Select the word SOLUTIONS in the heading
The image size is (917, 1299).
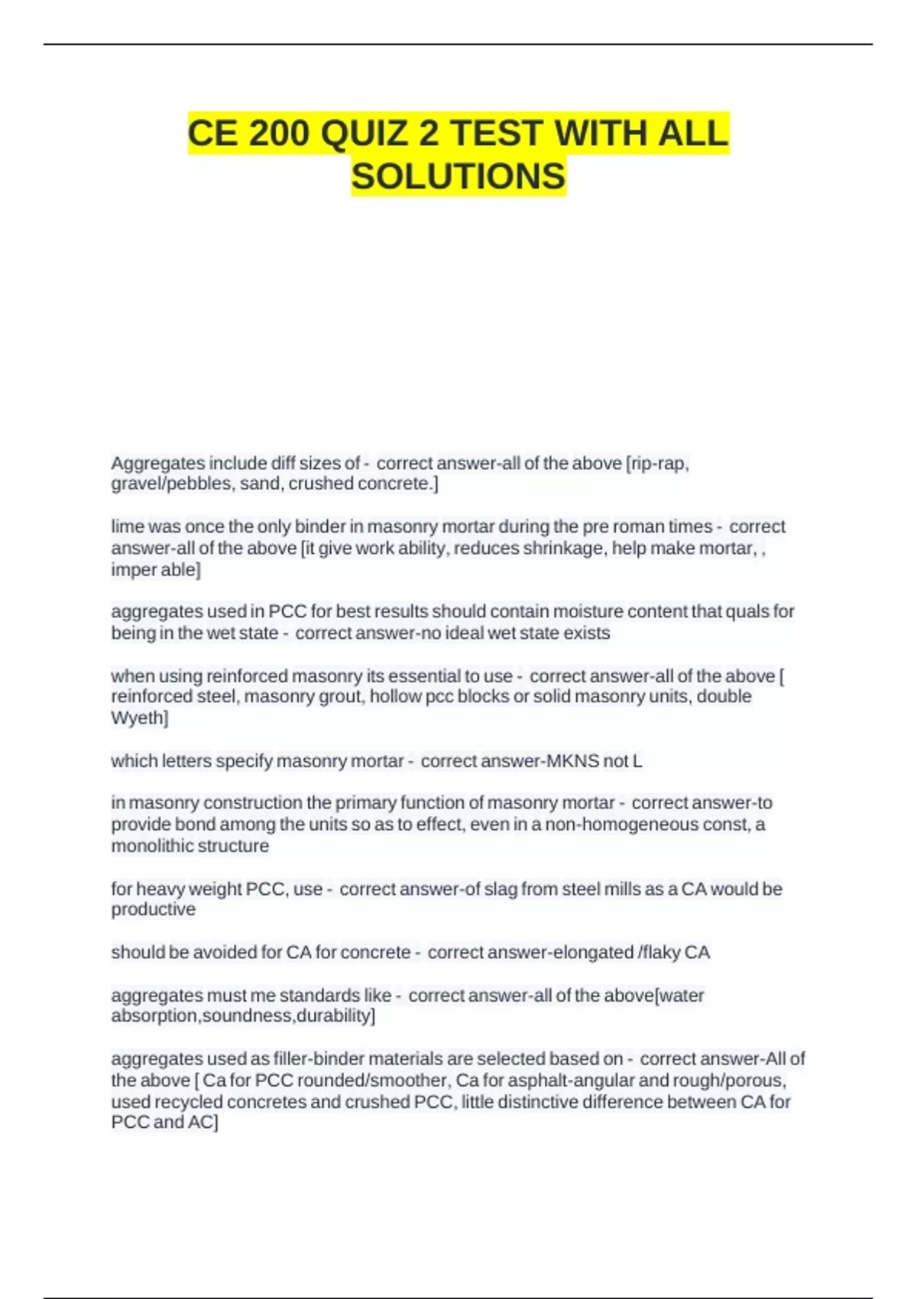point(458,177)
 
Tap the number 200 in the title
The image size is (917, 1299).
point(280,134)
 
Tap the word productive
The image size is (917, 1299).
point(153,909)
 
